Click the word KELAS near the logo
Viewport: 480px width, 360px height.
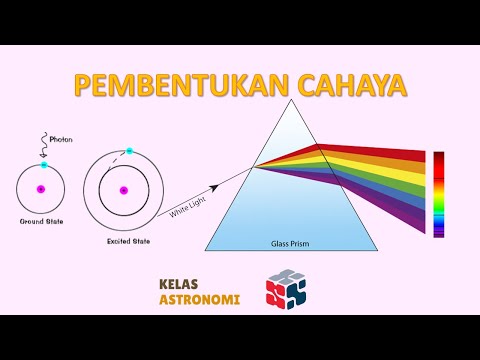click(x=180, y=283)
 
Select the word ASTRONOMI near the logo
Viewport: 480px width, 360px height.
click(x=200, y=298)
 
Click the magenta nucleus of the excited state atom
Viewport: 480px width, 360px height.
click(x=123, y=190)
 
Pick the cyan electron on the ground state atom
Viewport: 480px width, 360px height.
click(x=43, y=164)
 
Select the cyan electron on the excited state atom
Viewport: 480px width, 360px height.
click(x=129, y=151)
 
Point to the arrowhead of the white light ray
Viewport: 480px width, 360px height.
click(x=217, y=186)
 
